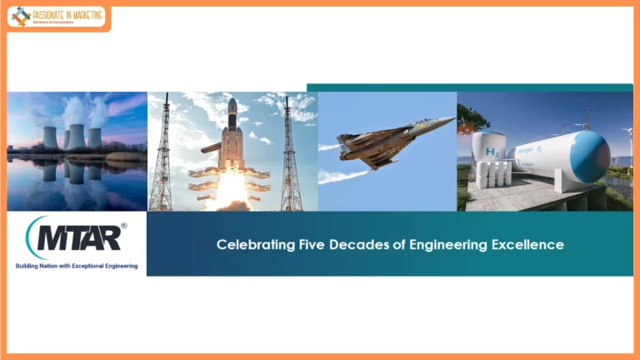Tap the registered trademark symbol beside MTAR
pyautogui.click(x=124, y=226)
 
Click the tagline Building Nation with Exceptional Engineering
pyautogui.click(x=77, y=267)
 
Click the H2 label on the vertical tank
pyautogui.click(x=493, y=153)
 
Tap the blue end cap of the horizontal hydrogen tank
pyautogui.click(x=591, y=157)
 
